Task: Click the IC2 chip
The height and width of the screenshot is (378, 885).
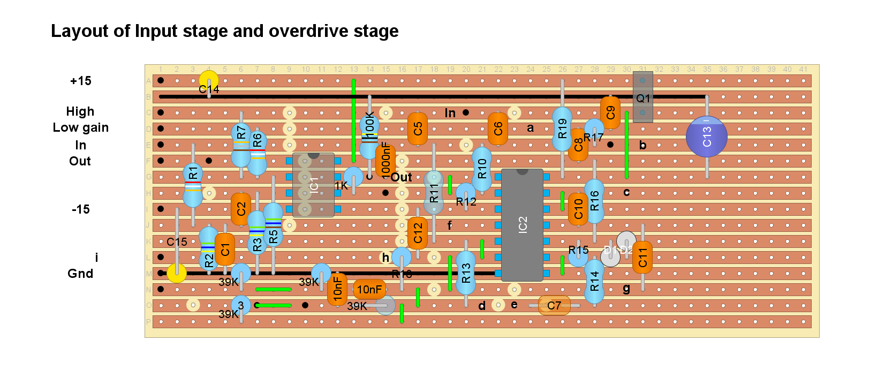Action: coord(522,225)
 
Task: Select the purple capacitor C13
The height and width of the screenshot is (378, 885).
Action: coord(706,137)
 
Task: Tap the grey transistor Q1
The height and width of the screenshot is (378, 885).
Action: coord(642,97)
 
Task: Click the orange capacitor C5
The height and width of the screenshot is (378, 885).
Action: coord(418,128)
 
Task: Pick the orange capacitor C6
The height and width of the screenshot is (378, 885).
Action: coord(498,128)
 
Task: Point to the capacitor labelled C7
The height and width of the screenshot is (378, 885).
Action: coord(554,305)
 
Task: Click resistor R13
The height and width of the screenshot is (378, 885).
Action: coord(466,273)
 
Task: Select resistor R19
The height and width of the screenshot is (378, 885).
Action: coord(562,128)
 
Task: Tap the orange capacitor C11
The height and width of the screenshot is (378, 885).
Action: coord(642,258)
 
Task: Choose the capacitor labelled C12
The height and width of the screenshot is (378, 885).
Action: coord(418,233)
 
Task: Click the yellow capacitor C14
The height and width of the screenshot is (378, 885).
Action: coord(209,80)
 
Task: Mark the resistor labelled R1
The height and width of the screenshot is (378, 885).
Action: coord(193,185)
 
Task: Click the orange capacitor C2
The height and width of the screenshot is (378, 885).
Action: coord(241,209)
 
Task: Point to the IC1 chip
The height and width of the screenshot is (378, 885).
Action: coord(314,185)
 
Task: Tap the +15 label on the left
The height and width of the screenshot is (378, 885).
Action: coord(81,81)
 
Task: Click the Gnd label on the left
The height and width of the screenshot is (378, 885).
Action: coord(80,274)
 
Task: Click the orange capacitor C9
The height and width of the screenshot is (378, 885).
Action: coord(610,112)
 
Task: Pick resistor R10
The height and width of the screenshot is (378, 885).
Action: coord(482,169)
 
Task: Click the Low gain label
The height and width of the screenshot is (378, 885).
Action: coord(81,127)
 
